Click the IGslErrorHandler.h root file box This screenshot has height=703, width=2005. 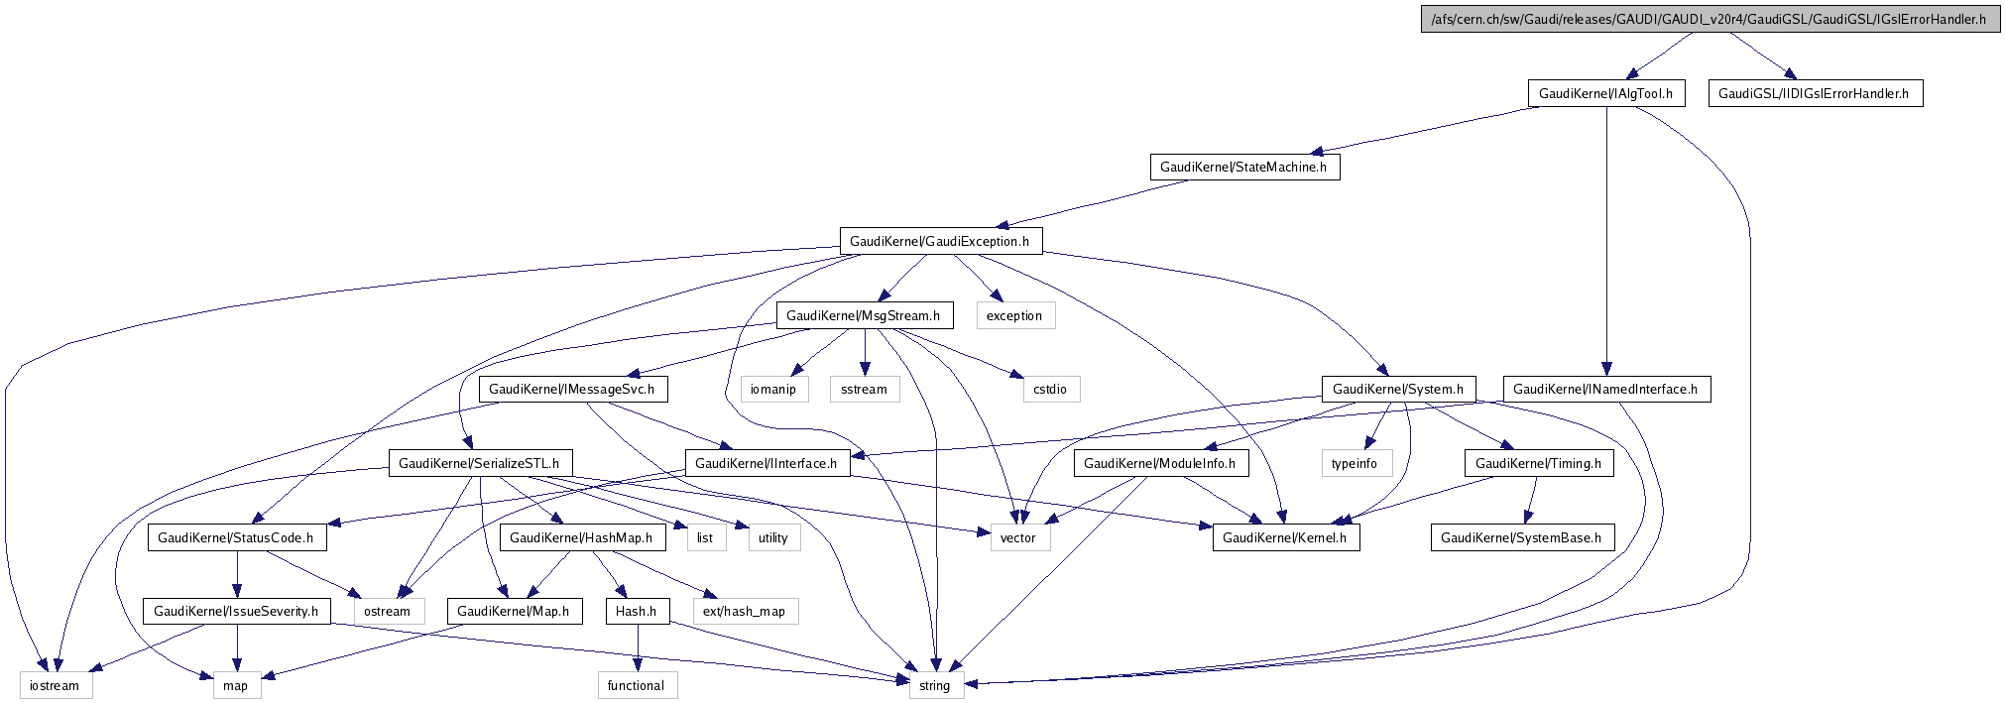[x=1709, y=19]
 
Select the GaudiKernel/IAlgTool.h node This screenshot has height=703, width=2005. [x=1605, y=93]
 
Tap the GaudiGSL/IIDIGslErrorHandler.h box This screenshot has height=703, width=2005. [x=1814, y=93]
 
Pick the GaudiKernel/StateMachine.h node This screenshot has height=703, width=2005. [x=1243, y=167]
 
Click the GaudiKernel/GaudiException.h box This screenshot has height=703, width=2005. [x=939, y=241]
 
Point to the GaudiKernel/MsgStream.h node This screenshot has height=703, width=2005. [x=863, y=315]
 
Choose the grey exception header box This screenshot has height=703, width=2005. [x=1013, y=315]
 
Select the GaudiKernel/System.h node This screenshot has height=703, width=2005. [x=1397, y=389]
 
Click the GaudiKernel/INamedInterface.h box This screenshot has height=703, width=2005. [x=1605, y=389]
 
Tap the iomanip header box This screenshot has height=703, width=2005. [x=772, y=389]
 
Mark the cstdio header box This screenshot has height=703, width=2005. [x=1049, y=389]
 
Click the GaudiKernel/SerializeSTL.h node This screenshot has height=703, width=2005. [x=480, y=463]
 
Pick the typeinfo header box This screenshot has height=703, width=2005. [x=1355, y=463]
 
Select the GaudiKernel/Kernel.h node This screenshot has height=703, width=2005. [x=1284, y=537]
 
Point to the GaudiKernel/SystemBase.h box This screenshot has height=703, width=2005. [x=1521, y=537]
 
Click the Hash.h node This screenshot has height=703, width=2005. [x=636, y=611]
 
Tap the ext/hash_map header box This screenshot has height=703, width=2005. [x=744, y=611]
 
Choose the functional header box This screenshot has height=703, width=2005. [x=636, y=685]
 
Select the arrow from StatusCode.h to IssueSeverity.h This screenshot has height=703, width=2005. [x=236, y=574]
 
